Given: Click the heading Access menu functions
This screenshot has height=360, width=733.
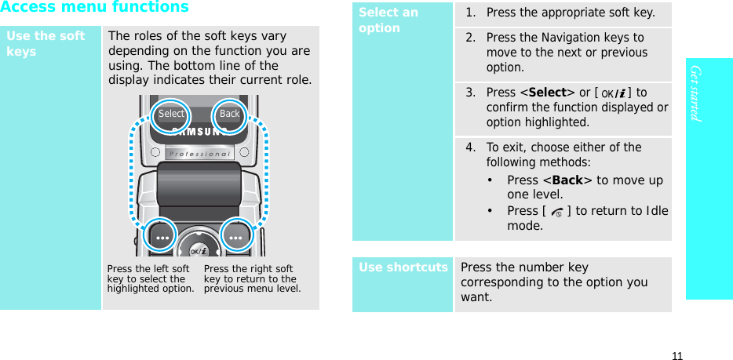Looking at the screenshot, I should (94, 8).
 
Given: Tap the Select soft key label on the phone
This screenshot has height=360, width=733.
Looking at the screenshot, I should (171, 114).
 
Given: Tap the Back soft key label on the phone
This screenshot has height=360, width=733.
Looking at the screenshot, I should (229, 114).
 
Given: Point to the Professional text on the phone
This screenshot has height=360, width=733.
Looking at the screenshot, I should (199, 154).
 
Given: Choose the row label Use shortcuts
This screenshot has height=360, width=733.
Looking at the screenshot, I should (403, 267).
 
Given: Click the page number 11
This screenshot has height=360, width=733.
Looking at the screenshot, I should (677, 355).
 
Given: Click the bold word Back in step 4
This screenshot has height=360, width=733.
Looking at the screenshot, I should (567, 180).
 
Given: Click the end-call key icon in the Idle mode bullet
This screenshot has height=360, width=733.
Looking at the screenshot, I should (557, 212).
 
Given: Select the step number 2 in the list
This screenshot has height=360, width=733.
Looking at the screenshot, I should (470, 38).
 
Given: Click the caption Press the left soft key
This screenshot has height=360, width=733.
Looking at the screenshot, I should (148, 278).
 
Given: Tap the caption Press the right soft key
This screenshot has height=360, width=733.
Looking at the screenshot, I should (251, 278).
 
